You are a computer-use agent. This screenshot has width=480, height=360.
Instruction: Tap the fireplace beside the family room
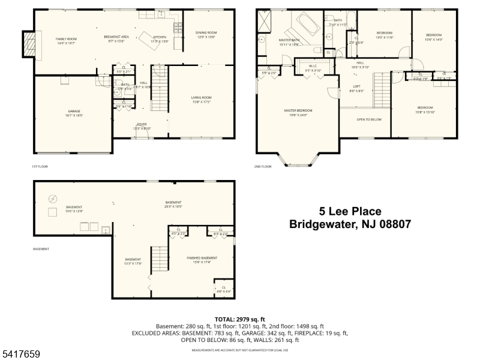coord(29,44)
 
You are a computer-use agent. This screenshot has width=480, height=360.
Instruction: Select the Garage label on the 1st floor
coord(74,112)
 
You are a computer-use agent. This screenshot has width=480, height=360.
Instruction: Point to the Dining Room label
coord(206,34)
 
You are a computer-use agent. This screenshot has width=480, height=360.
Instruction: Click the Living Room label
coord(201,99)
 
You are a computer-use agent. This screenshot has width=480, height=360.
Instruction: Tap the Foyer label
coord(142,126)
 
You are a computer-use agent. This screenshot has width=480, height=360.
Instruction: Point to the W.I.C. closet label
coord(313,68)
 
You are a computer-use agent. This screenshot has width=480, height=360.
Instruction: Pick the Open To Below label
coord(369,119)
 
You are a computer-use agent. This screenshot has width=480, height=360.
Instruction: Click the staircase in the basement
coord(159,259)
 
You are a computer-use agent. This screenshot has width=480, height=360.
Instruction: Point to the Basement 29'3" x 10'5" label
coord(173,204)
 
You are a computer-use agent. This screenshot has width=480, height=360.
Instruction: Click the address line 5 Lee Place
coord(350,211)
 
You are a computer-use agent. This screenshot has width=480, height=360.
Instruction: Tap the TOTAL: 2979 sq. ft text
coord(239,319)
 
